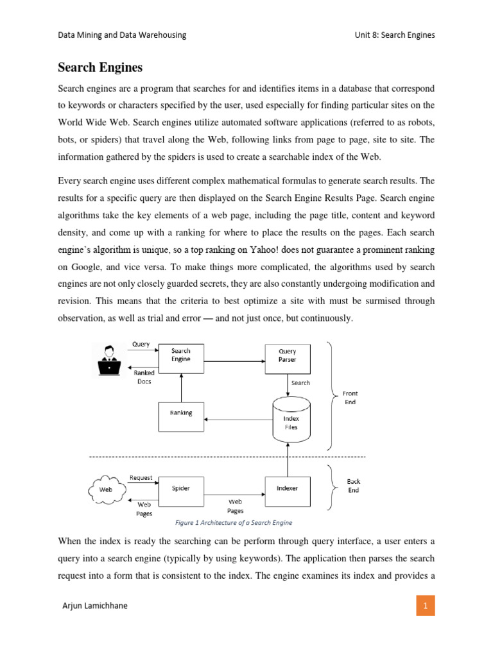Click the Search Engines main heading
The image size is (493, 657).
click(100, 67)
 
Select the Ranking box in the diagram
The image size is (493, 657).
click(181, 413)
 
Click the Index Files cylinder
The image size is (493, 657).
click(291, 420)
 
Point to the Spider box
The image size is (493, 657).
click(181, 488)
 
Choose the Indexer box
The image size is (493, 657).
click(287, 488)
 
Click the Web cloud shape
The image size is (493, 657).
click(105, 488)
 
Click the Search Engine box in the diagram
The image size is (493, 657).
click(181, 355)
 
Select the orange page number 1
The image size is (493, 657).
click(425, 605)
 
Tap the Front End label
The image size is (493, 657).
click(350, 398)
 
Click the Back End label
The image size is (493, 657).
click(354, 486)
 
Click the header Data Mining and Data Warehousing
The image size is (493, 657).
click(122, 35)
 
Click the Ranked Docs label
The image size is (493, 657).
click(144, 377)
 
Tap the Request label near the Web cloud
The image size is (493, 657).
click(141, 478)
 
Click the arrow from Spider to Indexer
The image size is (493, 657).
click(235, 494)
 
